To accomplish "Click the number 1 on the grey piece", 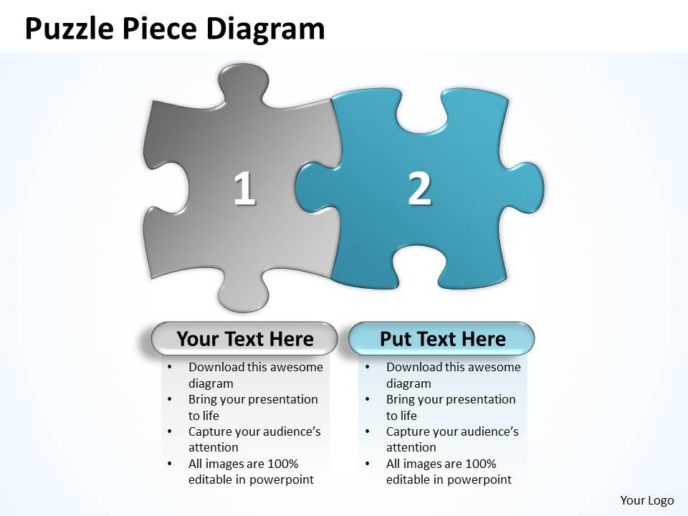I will (x=244, y=188).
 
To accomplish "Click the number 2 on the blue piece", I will (x=419, y=188).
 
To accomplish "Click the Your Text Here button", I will (x=244, y=338).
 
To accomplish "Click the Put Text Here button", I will (x=442, y=338).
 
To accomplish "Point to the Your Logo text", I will (x=647, y=500).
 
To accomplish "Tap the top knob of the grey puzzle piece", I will (x=241, y=80).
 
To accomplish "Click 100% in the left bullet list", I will (x=282, y=464).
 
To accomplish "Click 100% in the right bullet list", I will (x=480, y=464).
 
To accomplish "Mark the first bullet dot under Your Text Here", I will (x=168, y=367).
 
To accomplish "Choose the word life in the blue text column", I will (x=406, y=415).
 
